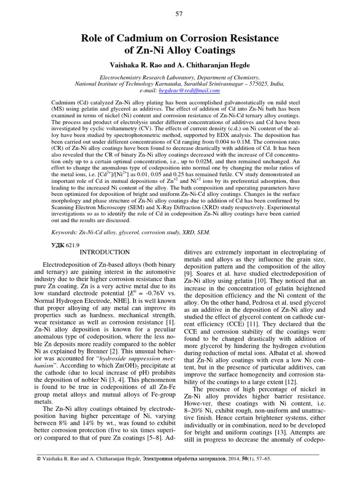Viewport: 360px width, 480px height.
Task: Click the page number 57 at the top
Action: (x=180, y=14)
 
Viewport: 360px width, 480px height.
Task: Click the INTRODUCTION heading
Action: (x=105, y=252)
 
